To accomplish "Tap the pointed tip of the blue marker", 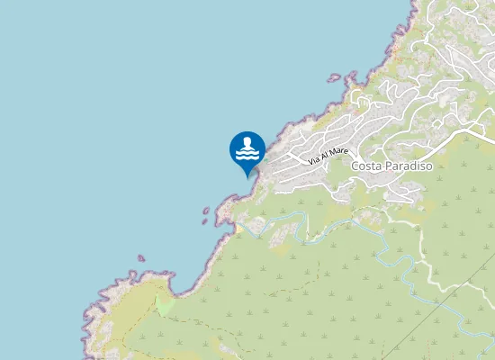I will pos(247,177).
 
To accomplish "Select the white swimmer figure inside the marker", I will pos(247,149).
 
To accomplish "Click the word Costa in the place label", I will pos(367,166).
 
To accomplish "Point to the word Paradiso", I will pos(409,166).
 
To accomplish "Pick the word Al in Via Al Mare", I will pos(326,155).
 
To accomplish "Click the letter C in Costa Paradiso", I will pos(355,166).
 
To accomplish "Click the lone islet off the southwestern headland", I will pos(140,259).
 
